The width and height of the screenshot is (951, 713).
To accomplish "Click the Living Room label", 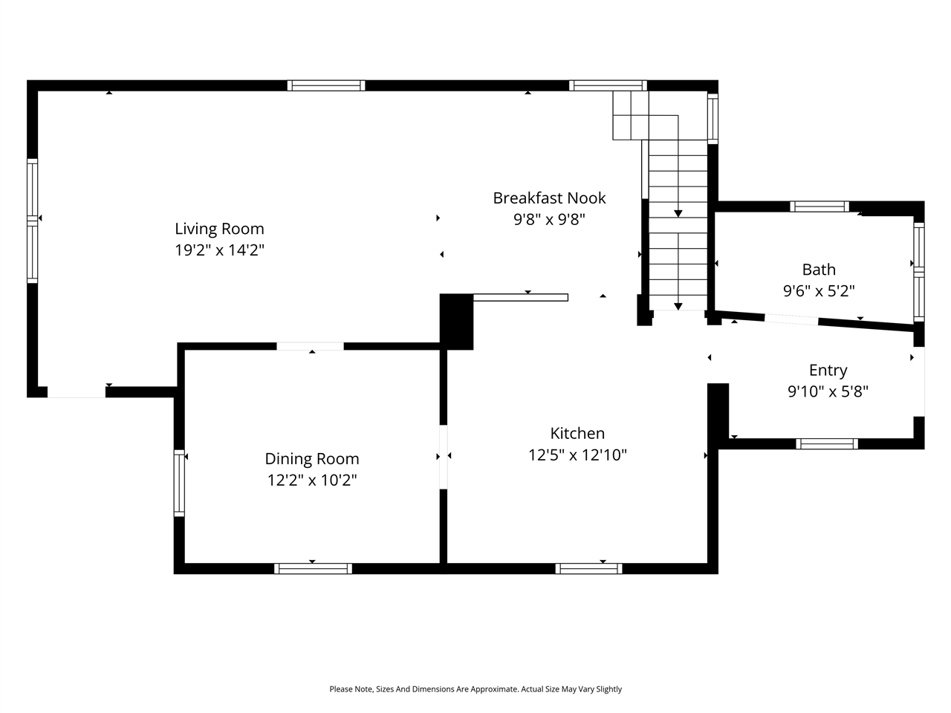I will [x=219, y=229].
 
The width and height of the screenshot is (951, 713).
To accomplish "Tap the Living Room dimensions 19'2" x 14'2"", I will [x=219, y=250].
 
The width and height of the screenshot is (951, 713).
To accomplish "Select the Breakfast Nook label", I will [x=549, y=198].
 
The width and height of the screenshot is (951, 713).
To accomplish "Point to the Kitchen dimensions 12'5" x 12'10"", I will [x=577, y=455].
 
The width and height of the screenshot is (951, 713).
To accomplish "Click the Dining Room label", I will [x=312, y=459].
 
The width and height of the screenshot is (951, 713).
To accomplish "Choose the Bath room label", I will [x=819, y=270].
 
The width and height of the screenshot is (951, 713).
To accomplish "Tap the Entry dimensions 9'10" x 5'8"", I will [x=828, y=391].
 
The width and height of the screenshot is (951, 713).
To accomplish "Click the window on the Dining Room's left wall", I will [x=179, y=483].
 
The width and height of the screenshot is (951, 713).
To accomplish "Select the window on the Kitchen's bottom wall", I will [x=588, y=569].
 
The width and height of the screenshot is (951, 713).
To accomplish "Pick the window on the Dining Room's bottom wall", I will [x=313, y=569].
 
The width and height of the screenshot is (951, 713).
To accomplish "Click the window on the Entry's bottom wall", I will [x=827, y=444].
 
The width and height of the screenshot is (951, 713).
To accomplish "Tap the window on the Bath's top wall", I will [x=819, y=206].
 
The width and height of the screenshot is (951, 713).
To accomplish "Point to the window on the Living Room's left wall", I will [x=32, y=221].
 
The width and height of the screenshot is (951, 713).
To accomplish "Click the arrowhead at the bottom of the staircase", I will [x=678, y=306].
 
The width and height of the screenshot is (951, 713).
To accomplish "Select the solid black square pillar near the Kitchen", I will [x=457, y=322].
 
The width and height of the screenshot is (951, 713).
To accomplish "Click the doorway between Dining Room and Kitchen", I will [x=444, y=457].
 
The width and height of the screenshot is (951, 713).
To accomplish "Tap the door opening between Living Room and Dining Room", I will [x=310, y=346].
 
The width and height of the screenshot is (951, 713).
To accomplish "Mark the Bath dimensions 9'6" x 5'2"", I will [x=819, y=291].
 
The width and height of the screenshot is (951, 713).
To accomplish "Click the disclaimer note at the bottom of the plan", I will [x=475, y=689].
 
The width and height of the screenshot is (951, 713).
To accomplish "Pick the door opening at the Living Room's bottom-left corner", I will [x=77, y=392].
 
